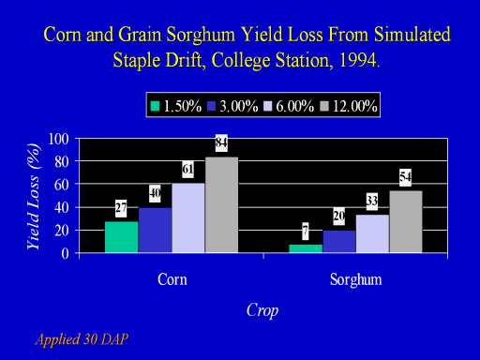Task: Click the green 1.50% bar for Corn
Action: coord(122,237)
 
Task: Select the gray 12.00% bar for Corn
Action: coord(221,204)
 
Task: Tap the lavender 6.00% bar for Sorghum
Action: coord(372,233)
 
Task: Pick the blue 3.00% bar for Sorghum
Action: coord(339,241)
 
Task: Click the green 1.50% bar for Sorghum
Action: coord(306,248)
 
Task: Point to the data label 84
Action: coord(221,142)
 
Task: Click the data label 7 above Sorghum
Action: coord(306,232)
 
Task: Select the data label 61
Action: coord(187,170)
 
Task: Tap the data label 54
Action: coord(406,177)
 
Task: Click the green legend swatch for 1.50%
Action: coord(155,106)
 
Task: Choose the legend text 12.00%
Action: coord(354,106)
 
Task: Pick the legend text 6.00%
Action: coord(295,106)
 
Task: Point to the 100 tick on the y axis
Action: coord(58,139)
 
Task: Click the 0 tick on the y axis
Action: coord(65,253)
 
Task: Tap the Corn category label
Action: coord(172,279)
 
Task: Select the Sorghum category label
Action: coord(356,280)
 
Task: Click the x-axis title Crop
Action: coord(262,310)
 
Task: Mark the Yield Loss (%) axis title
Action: coord(34,197)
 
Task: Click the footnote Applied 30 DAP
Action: coord(82,339)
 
